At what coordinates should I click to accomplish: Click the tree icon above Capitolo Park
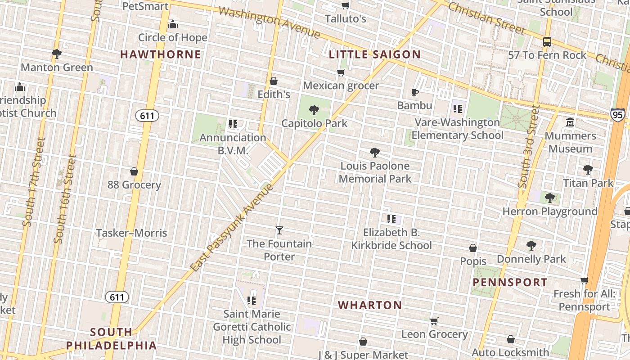[314, 110]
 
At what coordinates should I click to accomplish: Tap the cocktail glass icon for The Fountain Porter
[279, 230]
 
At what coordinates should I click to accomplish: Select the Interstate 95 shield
[617, 115]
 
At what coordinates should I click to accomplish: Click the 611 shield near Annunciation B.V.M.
[147, 116]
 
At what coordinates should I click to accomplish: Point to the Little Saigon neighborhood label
[375, 55]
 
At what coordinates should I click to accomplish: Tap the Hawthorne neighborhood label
[160, 54]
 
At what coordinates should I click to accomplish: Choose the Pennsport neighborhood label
[510, 283]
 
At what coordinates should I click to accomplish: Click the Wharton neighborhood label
[370, 305]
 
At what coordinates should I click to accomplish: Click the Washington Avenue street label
[269, 21]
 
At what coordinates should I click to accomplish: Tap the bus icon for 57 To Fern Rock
[547, 42]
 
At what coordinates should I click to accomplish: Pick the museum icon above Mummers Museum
[570, 122]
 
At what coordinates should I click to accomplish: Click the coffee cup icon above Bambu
[415, 93]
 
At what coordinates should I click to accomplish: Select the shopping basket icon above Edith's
[274, 81]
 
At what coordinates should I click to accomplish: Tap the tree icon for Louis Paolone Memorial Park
[374, 153]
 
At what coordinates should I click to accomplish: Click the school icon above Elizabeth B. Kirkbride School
[391, 219]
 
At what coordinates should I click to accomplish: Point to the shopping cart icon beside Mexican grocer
[341, 72]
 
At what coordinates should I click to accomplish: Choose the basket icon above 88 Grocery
[134, 171]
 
